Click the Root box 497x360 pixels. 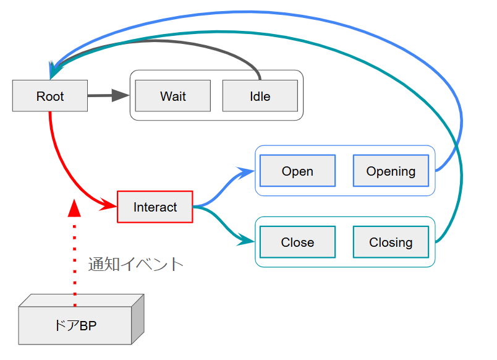pos(50,96)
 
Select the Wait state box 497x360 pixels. pos(173,96)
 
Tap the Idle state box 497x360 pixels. pos(260,96)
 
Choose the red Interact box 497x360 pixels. pos(155,207)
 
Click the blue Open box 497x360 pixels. pos(297,171)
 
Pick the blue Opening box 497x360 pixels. pos(391,171)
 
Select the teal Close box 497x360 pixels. pos(297,242)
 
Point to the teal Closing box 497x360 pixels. pos(391,242)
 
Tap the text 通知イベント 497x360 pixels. pos(136,264)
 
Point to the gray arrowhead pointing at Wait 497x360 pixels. pos(121,95)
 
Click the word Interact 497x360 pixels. pos(155,207)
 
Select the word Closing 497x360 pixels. pos(391,242)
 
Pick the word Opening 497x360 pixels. pos(391,171)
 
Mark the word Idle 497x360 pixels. pos(260,96)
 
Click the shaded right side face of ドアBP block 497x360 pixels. pos(138,319)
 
